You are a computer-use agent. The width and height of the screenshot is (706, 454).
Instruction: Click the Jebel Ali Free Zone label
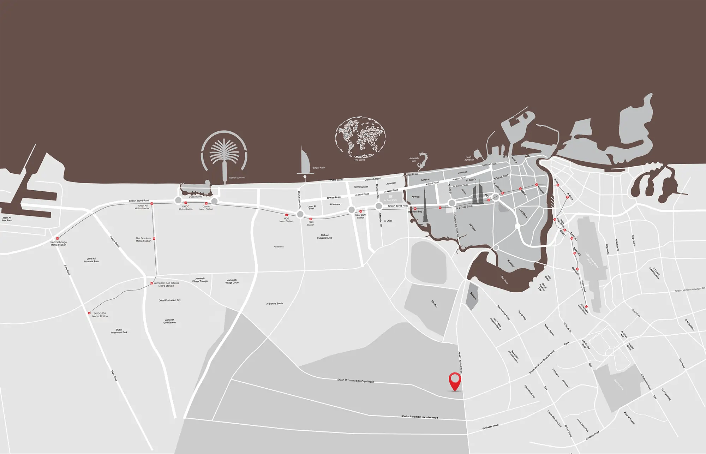[x=7, y=219]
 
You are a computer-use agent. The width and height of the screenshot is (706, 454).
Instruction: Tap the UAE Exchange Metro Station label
[x=59, y=243]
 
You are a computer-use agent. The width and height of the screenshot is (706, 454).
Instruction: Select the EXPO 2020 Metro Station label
[x=100, y=315]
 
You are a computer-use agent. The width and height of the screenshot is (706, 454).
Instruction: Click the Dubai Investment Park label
[x=119, y=331]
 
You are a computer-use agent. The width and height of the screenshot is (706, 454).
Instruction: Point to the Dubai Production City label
[x=169, y=300]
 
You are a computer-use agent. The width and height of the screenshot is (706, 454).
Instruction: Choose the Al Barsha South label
[x=274, y=303]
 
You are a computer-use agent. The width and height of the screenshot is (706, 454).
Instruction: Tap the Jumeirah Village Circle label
[x=232, y=281]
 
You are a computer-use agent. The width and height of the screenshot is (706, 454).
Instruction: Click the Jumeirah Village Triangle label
[x=200, y=280]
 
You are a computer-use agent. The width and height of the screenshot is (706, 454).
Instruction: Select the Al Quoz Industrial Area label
[x=324, y=236]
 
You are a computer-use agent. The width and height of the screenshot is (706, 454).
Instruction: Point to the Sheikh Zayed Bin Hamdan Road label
[x=419, y=417]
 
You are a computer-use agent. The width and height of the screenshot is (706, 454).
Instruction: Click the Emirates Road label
[x=490, y=427]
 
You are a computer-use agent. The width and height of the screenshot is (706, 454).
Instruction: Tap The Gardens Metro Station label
[x=143, y=239]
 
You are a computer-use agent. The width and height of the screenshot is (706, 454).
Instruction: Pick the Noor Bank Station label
[x=361, y=216]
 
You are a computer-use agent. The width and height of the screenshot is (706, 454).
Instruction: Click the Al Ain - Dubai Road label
[x=460, y=362]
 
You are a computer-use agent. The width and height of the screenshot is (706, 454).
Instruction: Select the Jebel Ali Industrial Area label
[x=91, y=260]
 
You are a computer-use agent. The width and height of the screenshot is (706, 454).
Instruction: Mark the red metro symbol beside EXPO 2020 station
[x=89, y=313]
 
